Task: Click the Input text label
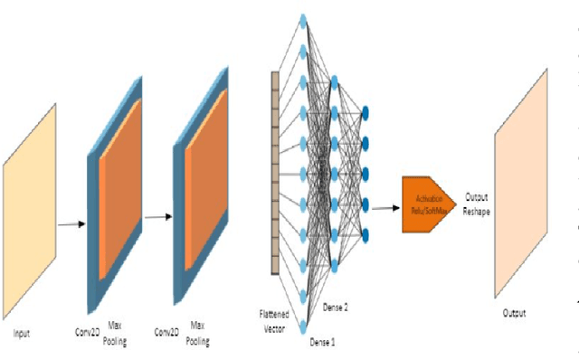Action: click(21, 333)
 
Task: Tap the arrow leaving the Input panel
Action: click(69, 223)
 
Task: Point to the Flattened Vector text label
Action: click(275, 321)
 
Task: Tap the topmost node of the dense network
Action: click(303, 19)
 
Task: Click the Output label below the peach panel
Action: click(513, 313)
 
